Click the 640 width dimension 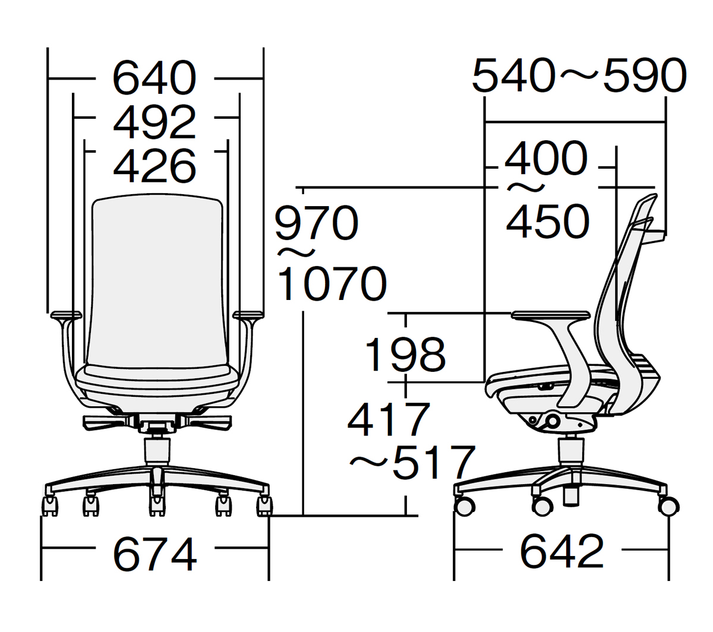154,78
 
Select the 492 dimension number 154,122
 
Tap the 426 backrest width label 154,166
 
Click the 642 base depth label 561,551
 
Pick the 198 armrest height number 405,355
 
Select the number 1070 332,283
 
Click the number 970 316,223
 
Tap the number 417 389,419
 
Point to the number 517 434,463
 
